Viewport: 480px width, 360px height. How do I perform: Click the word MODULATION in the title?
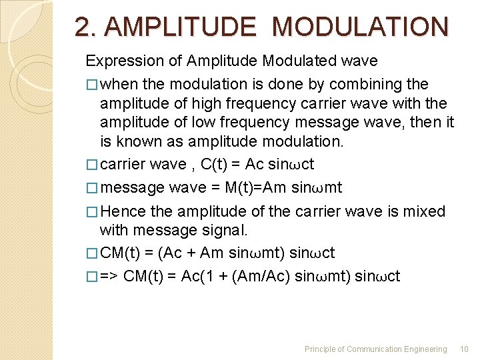(x=361, y=27)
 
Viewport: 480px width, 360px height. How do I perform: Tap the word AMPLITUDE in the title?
(x=180, y=27)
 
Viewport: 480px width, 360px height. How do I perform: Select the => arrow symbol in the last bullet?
(x=109, y=277)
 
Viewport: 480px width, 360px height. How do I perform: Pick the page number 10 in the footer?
(x=464, y=349)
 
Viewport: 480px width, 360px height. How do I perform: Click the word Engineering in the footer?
(x=425, y=349)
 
